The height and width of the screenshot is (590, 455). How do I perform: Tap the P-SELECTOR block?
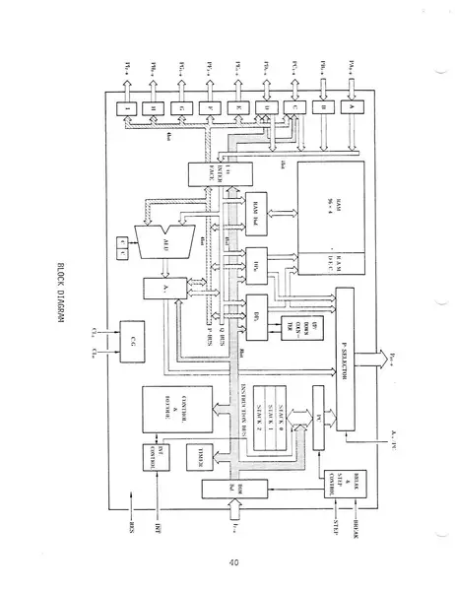pyautogui.click(x=345, y=365)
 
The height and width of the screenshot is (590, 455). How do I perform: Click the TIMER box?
pyautogui.click(x=208, y=450)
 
